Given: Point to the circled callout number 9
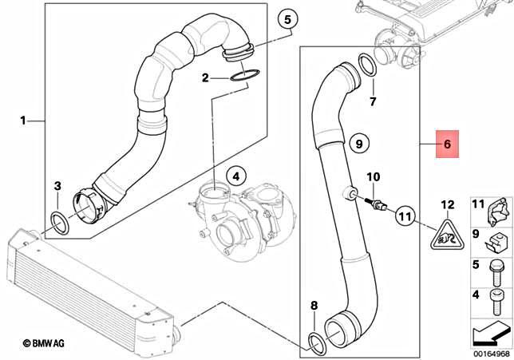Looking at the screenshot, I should [x=358, y=144].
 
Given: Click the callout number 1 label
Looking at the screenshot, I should [x=23, y=121].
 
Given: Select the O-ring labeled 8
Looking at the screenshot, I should [x=317, y=344].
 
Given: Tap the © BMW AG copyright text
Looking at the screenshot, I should [x=49, y=343].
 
